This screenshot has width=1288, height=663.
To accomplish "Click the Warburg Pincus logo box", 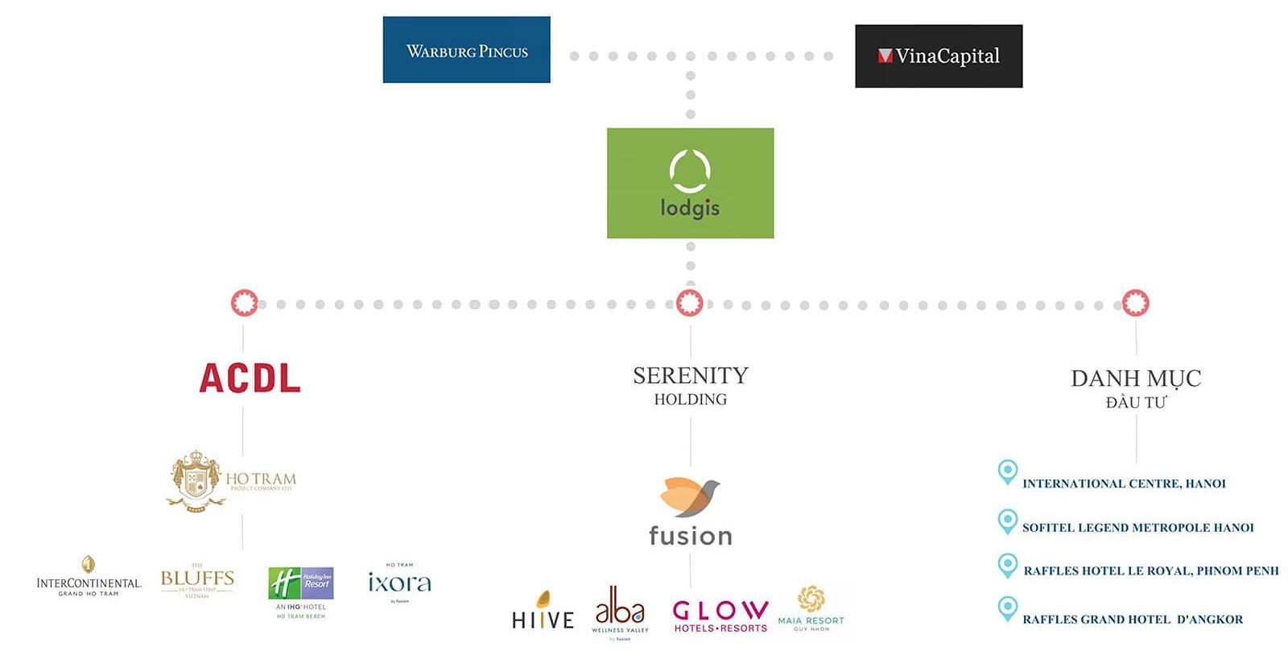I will pyautogui.click(x=466, y=50).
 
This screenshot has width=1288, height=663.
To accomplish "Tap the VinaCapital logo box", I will pyautogui.click(x=938, y=56).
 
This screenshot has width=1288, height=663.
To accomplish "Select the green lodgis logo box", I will pyautogui.click(x=690, y=183).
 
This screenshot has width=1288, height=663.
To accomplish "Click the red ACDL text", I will pyautogui.click(x=250, y=378).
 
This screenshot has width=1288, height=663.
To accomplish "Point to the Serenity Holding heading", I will pyautogui.click(x=690, y=385).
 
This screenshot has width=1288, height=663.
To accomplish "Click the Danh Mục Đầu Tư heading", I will pyautogui.click(x=1135, y=388).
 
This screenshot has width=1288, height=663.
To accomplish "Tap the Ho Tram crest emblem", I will pyautogui.click(x=195, y=480).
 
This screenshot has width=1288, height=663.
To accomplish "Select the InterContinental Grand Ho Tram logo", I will pyautogui.click(x=89, y=577).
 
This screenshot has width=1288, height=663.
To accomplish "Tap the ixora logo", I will pyautogui.click(x=399, y=583).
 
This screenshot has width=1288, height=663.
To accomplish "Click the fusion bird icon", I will pyautogui.click(x=689, y=496).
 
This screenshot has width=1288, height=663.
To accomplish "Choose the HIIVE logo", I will pyautogui.click(x=543, y=613).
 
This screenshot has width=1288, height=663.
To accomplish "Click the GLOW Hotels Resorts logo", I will pyautogui.click(x=720, y=616).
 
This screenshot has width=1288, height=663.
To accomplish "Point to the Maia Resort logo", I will pyautogui.click(x=811, y=609).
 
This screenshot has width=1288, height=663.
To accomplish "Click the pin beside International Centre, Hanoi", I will pyautogui.click(x=1007, y=472).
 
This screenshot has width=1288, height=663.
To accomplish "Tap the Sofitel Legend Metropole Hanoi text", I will pyautogui.click(x=1137, y=528).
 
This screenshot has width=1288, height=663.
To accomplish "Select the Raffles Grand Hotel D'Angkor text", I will pyautogui.click(x=1132, y=620).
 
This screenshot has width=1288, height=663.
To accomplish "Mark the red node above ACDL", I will pyautogui.click(x=244, y=303).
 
